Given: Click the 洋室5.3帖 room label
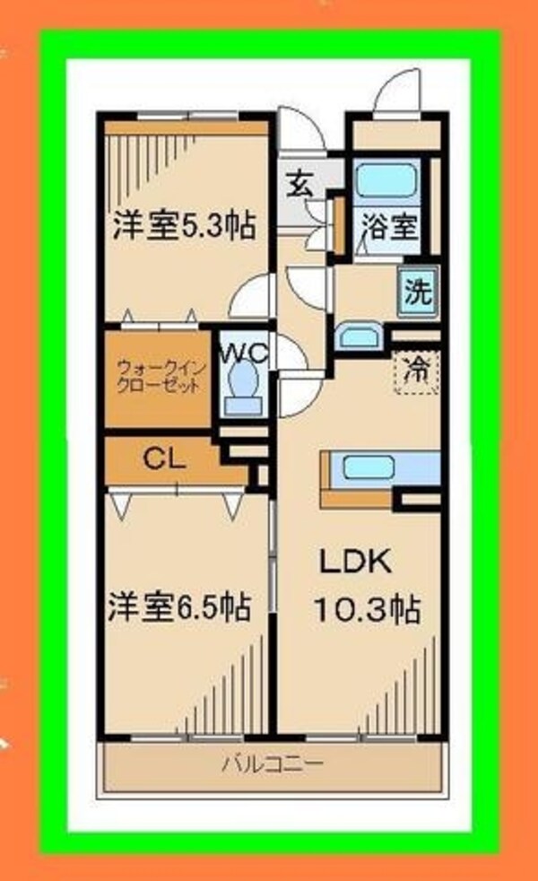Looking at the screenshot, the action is tap(184, 226).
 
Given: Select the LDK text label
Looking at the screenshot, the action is tap(355, 562).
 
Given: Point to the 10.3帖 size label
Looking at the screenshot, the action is tap(367, 608).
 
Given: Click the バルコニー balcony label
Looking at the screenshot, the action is tap(273, 763).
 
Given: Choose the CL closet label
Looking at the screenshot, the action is tap(164, 460).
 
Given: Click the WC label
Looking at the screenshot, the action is tap(244, 353).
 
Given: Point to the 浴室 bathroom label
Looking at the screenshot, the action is tap(390, 227).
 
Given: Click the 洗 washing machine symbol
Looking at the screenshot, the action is tap(419, 292).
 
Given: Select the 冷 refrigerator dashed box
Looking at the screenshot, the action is tap(416, 371).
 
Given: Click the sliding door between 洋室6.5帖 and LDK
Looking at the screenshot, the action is tap(273, 555).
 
